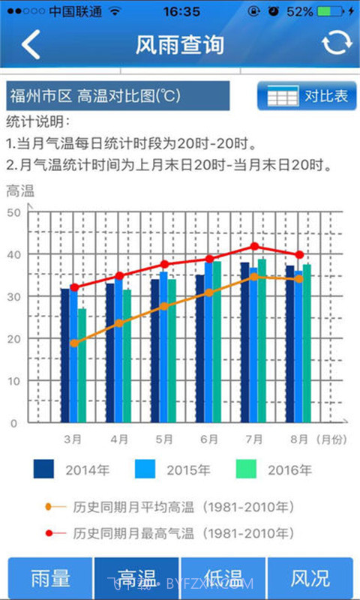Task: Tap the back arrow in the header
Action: coord(30,44)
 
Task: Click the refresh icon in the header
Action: coord(336,44)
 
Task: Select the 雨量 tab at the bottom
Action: coord(50,578)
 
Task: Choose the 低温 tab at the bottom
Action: coord(223,578)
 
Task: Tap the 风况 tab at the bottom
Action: coord(310,578)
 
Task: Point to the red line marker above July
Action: coord(255,246)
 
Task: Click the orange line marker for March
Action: coord(73,343)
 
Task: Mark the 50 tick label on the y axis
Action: coord(12,212)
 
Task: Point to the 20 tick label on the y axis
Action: coord(12,339)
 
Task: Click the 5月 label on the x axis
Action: coord(163,439)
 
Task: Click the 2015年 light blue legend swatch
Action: coord(145,469)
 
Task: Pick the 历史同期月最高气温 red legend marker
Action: coord(49,533)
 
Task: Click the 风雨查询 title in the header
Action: coord(180,44)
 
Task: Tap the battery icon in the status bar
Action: coord(332,12)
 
